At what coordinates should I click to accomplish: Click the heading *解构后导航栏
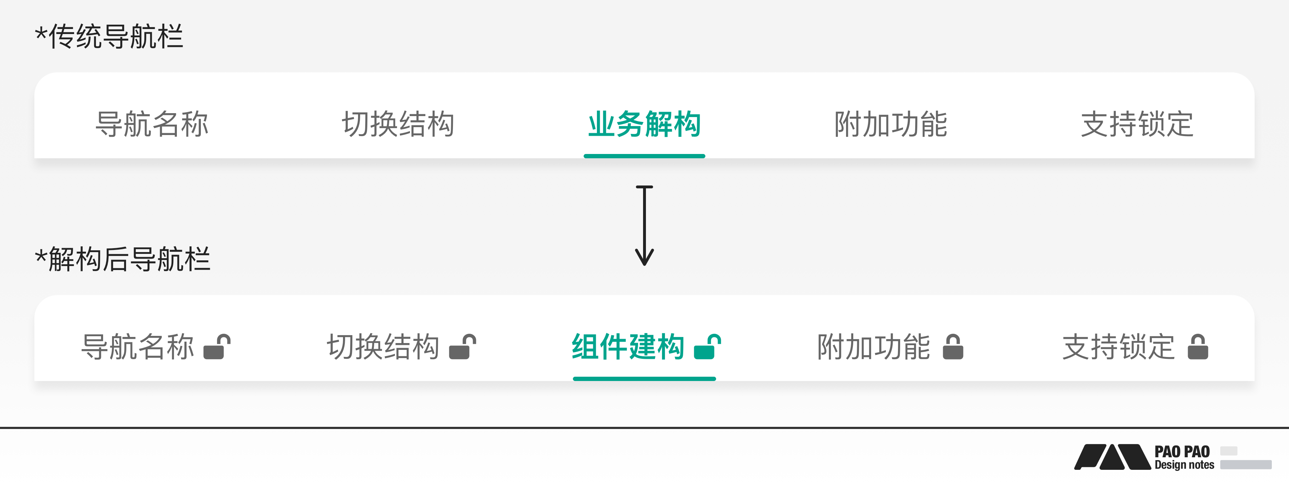(122, 259)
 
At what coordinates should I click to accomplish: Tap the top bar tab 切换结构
(398, 124)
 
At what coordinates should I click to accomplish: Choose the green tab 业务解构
(644, 124)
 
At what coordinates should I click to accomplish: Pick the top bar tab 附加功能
(891, 124)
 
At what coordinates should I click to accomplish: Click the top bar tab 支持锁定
(1137, 124)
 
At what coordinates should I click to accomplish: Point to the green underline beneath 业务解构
(644, 156)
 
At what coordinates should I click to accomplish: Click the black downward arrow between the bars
(644, 225)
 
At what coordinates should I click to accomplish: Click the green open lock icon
(708, 346)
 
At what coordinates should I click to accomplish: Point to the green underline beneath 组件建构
(644, 379)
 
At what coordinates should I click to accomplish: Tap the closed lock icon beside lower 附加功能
(953, 346)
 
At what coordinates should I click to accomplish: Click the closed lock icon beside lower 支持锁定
(1198, 346)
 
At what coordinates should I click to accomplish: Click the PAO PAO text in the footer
(1182, 452)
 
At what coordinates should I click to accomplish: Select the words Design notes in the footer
(1184, 465)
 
